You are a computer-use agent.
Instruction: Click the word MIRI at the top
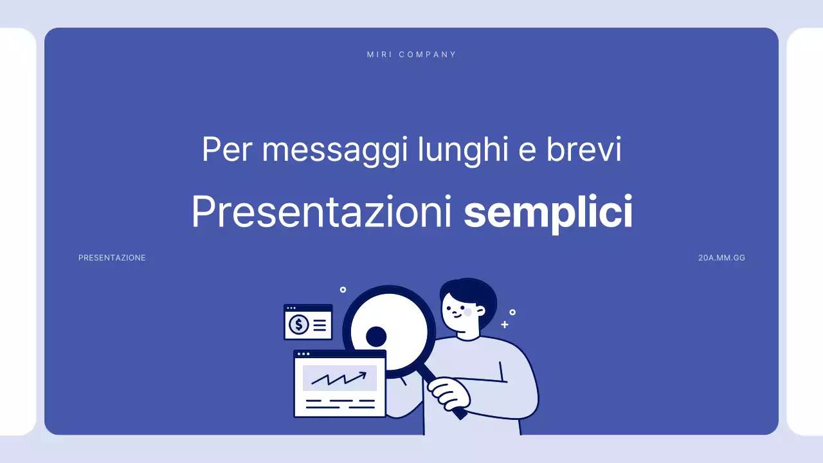pos(379,55)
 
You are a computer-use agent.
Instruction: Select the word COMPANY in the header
pos(428,55)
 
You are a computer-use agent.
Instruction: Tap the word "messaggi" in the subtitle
pos(336,150)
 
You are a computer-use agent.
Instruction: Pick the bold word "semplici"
pos(548,213)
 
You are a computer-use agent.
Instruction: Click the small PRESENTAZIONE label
pos(112,258)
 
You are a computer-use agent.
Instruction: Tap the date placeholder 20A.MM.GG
pos(721,258)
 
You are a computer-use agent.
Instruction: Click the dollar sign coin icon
pos(298,325)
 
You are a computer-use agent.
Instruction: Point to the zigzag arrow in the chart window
pos(339,378)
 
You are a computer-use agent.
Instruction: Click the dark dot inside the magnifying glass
pos(376,336)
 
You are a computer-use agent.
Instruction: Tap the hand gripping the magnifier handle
pos(448,392)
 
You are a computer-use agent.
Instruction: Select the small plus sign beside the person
pos(505,325)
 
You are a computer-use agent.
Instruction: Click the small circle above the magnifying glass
pos(343,290)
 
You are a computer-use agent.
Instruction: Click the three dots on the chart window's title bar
pos(303,354)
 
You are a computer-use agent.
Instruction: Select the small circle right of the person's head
pos(512,312)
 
